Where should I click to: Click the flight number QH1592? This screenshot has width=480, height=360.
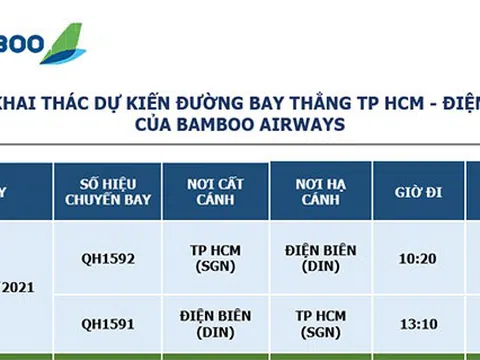pyautogui.click(x=108, y=258)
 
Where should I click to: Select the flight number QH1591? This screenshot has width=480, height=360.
pyautogui.click(x=108, y=324)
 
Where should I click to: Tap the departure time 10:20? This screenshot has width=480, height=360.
pyautogui.click(x=417, y=258)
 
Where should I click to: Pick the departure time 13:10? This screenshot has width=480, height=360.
pyautogui.click(x=417, y=324)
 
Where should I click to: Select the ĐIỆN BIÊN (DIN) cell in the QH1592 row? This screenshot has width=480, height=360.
pyautogui.click(x=320, y=257)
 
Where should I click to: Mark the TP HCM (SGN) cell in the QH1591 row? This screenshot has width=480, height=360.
pyautogui.click(x=320, y=323)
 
